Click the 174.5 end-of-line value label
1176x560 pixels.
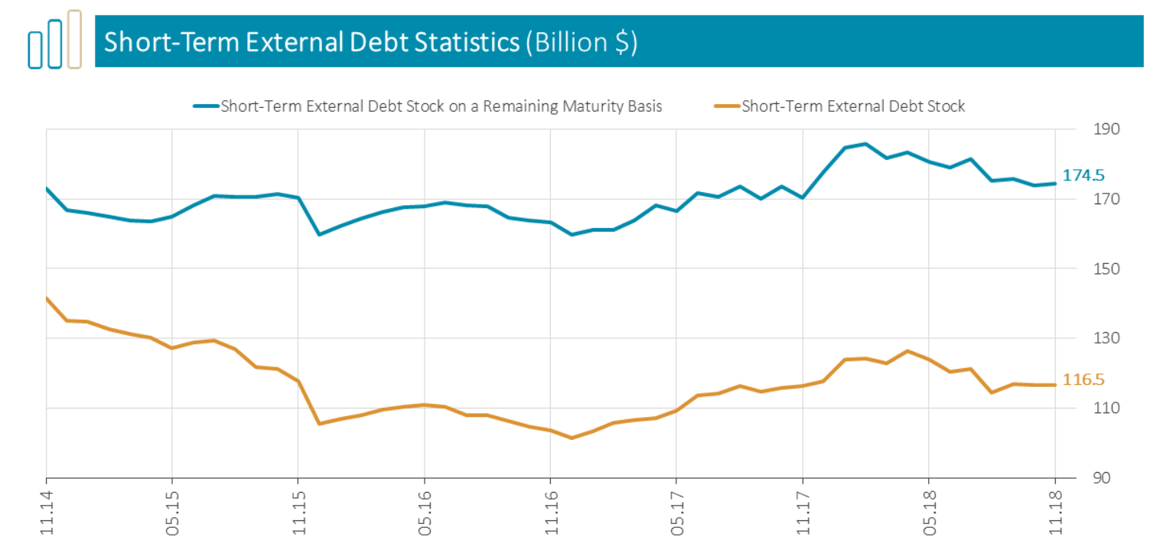[1083, 176]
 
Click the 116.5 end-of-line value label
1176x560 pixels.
[1083, 379]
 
